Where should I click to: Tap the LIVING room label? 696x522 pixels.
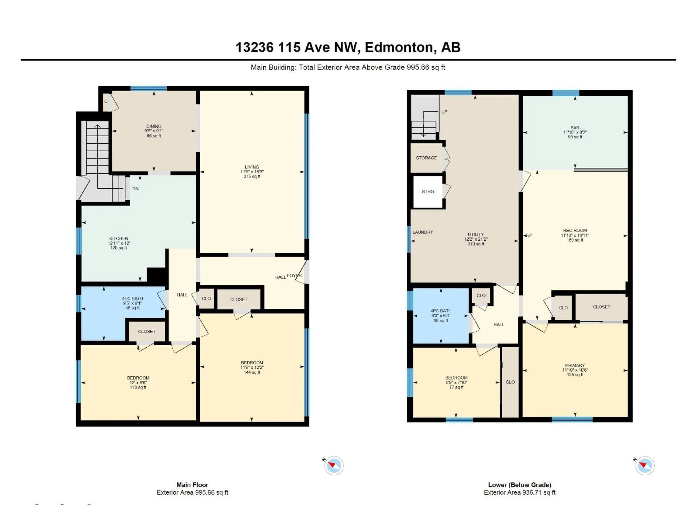click(252, 167)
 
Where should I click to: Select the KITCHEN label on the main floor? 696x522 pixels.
click(119, 239)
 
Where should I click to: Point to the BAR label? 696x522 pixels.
click(575, 128)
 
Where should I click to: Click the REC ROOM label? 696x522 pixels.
click(575, 230)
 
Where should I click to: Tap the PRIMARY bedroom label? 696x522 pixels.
click(575, 365)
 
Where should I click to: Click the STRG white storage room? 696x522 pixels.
click(428, 192)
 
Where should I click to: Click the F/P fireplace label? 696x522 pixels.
click(529, 235)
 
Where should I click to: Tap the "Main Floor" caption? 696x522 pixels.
click(192, 485)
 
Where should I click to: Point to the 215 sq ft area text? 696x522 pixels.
click(252, 177)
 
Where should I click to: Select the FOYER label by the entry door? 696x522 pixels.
click(294, 276)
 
